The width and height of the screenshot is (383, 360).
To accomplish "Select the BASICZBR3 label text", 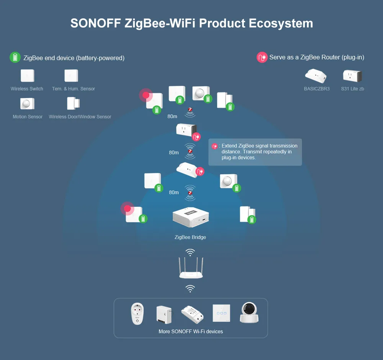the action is (316, 89).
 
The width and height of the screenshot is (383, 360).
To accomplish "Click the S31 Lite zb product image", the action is (352, 76).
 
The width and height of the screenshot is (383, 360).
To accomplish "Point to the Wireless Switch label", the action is (27, 89).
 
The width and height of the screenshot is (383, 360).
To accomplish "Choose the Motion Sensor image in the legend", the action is (27, 103).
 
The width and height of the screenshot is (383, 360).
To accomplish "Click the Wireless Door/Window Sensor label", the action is (80, 117).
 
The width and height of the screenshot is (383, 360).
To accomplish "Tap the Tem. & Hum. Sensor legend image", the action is (71, 75).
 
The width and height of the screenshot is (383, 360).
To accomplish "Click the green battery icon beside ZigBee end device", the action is (15, 57).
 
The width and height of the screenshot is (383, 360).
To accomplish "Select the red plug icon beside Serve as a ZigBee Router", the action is (262, 57).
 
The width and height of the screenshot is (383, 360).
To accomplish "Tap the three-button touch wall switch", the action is (221, 313).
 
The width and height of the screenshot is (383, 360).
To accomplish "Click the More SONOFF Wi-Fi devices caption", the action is (191, 331).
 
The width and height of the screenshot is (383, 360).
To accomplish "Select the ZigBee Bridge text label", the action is (190, 237).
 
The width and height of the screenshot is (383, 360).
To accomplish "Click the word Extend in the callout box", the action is (229, 146).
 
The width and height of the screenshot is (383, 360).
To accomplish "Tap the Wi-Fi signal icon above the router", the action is (190, 252).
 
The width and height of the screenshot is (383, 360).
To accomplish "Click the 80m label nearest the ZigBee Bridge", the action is (174, 192).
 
